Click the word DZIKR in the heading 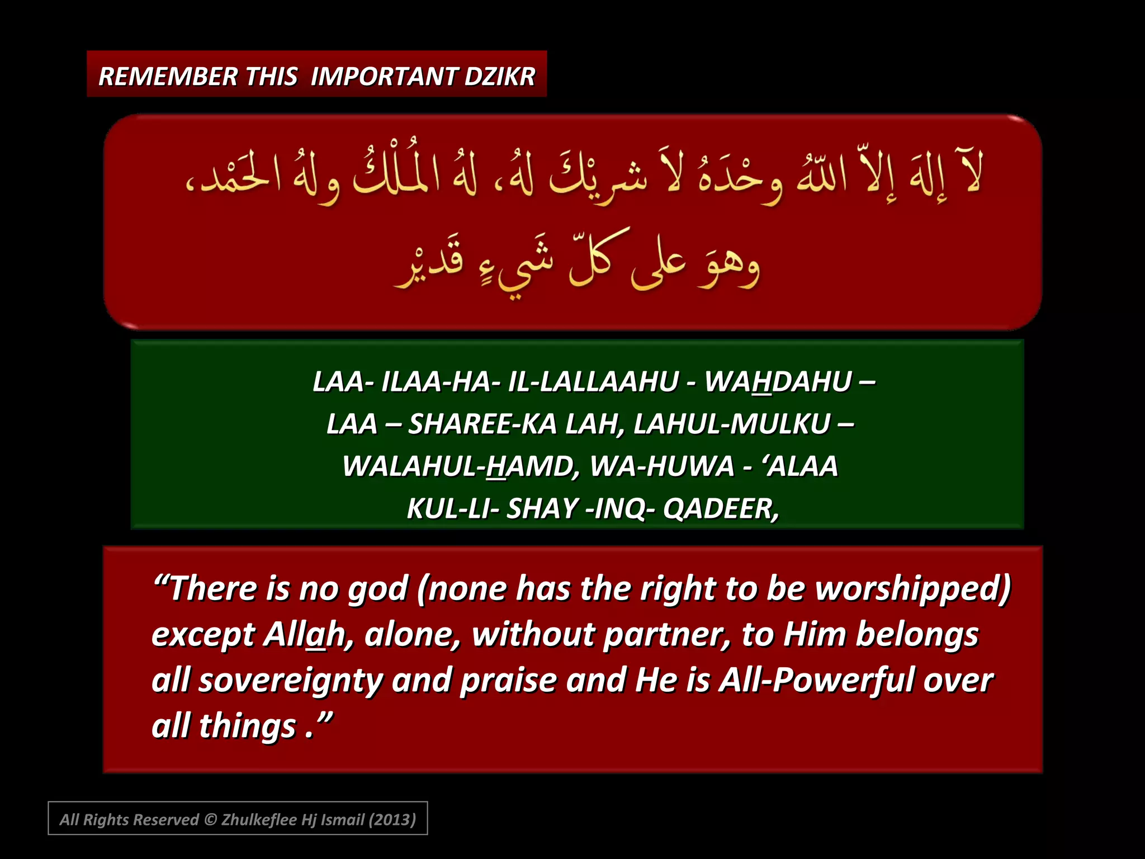pos(499,77)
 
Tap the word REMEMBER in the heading pos(168,77)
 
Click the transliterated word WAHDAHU pos(778,382)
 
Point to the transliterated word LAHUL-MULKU pos(732,424)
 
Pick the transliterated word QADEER pos(720,509)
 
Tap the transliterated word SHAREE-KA pos(482,424)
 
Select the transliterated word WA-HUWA pos(662,466)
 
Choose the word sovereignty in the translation pos(290,681)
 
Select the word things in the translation pos(247,726)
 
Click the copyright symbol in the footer pos(210,820)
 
